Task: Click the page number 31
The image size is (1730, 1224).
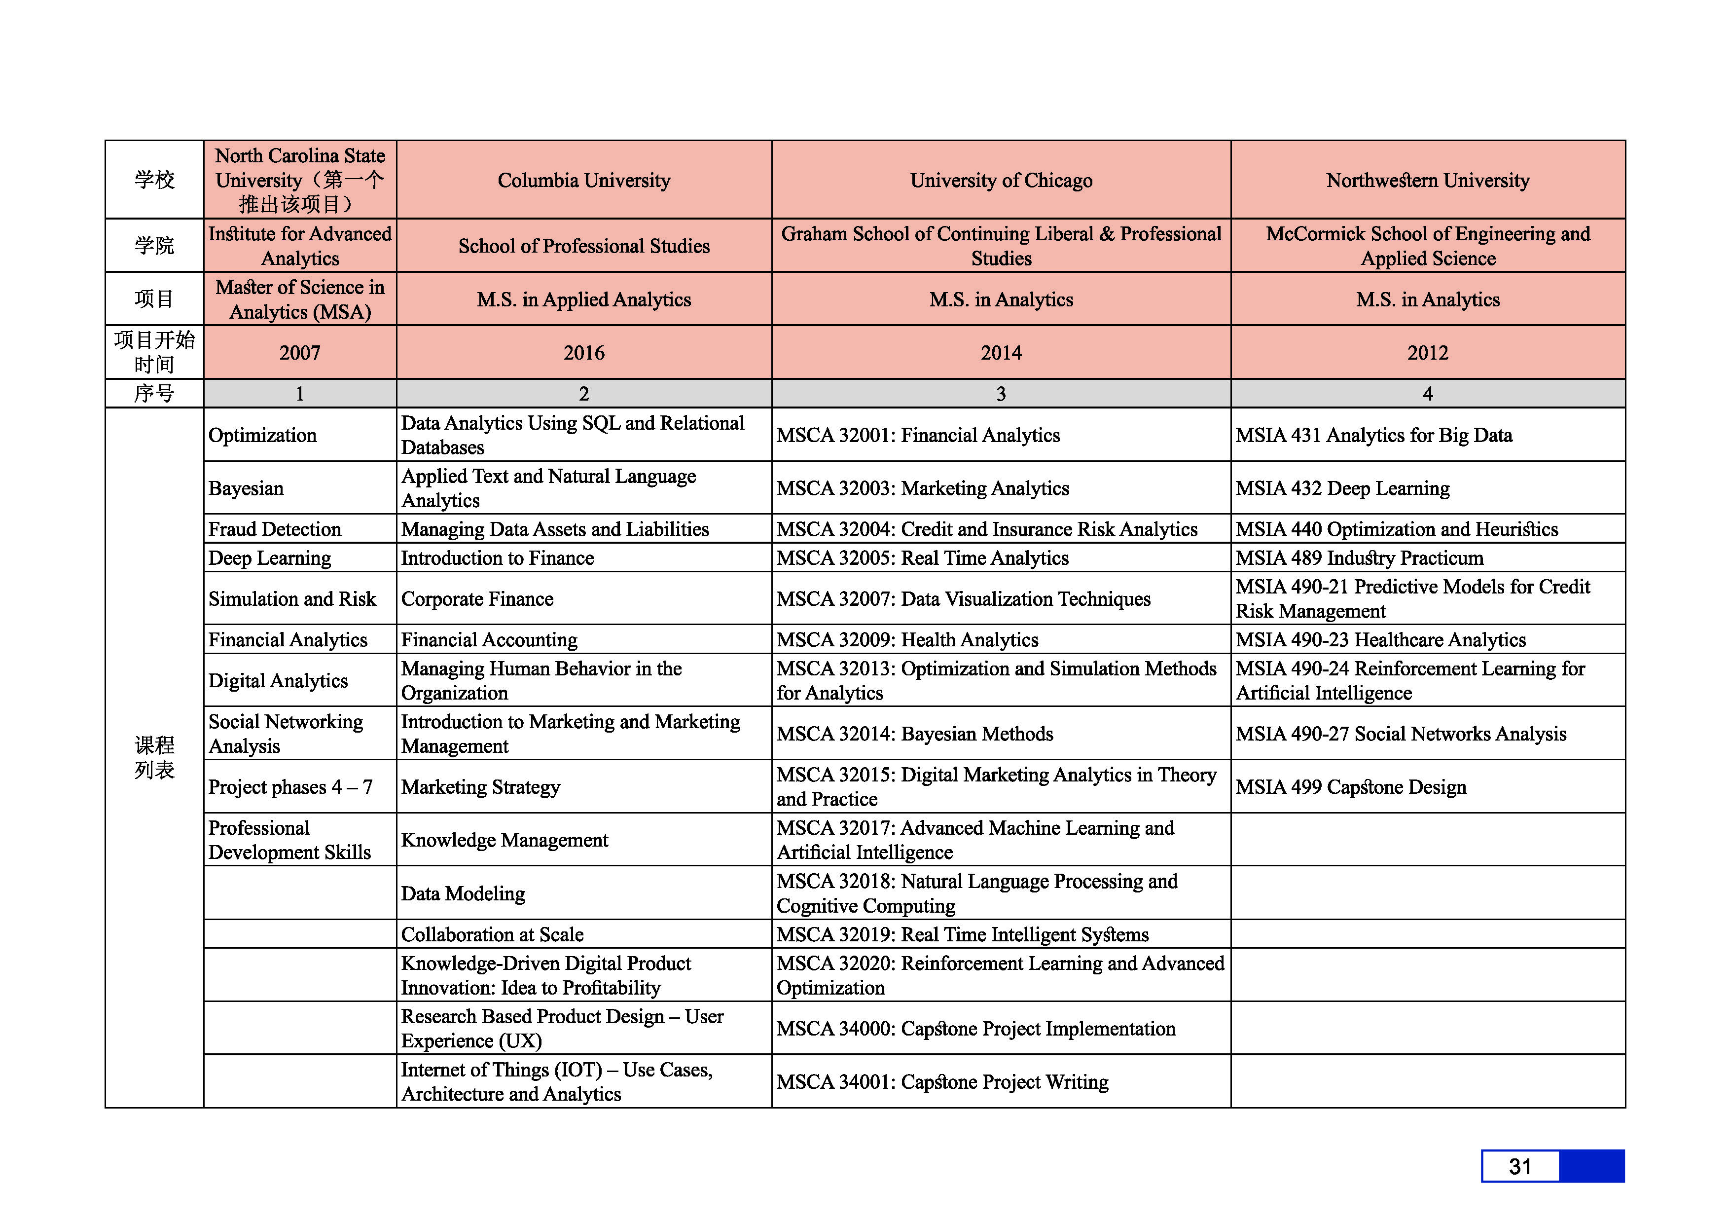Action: coord(1520,1167)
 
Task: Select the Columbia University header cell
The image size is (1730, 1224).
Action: coord(584,180)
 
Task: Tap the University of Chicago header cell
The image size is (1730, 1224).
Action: coord(1001,180)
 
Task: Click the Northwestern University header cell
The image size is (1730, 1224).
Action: coord(1427,180)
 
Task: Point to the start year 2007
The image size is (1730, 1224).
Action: coord(300,353)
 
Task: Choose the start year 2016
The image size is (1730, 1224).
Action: coord(584,353)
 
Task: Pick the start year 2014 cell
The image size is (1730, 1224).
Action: coord(1001,353)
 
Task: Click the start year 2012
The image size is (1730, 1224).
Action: coord(1427,353)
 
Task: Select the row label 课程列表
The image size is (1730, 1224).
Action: coord(154,757)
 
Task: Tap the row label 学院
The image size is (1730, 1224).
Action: coord(154,246)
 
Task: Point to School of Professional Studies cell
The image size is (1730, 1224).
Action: coord(584,246)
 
